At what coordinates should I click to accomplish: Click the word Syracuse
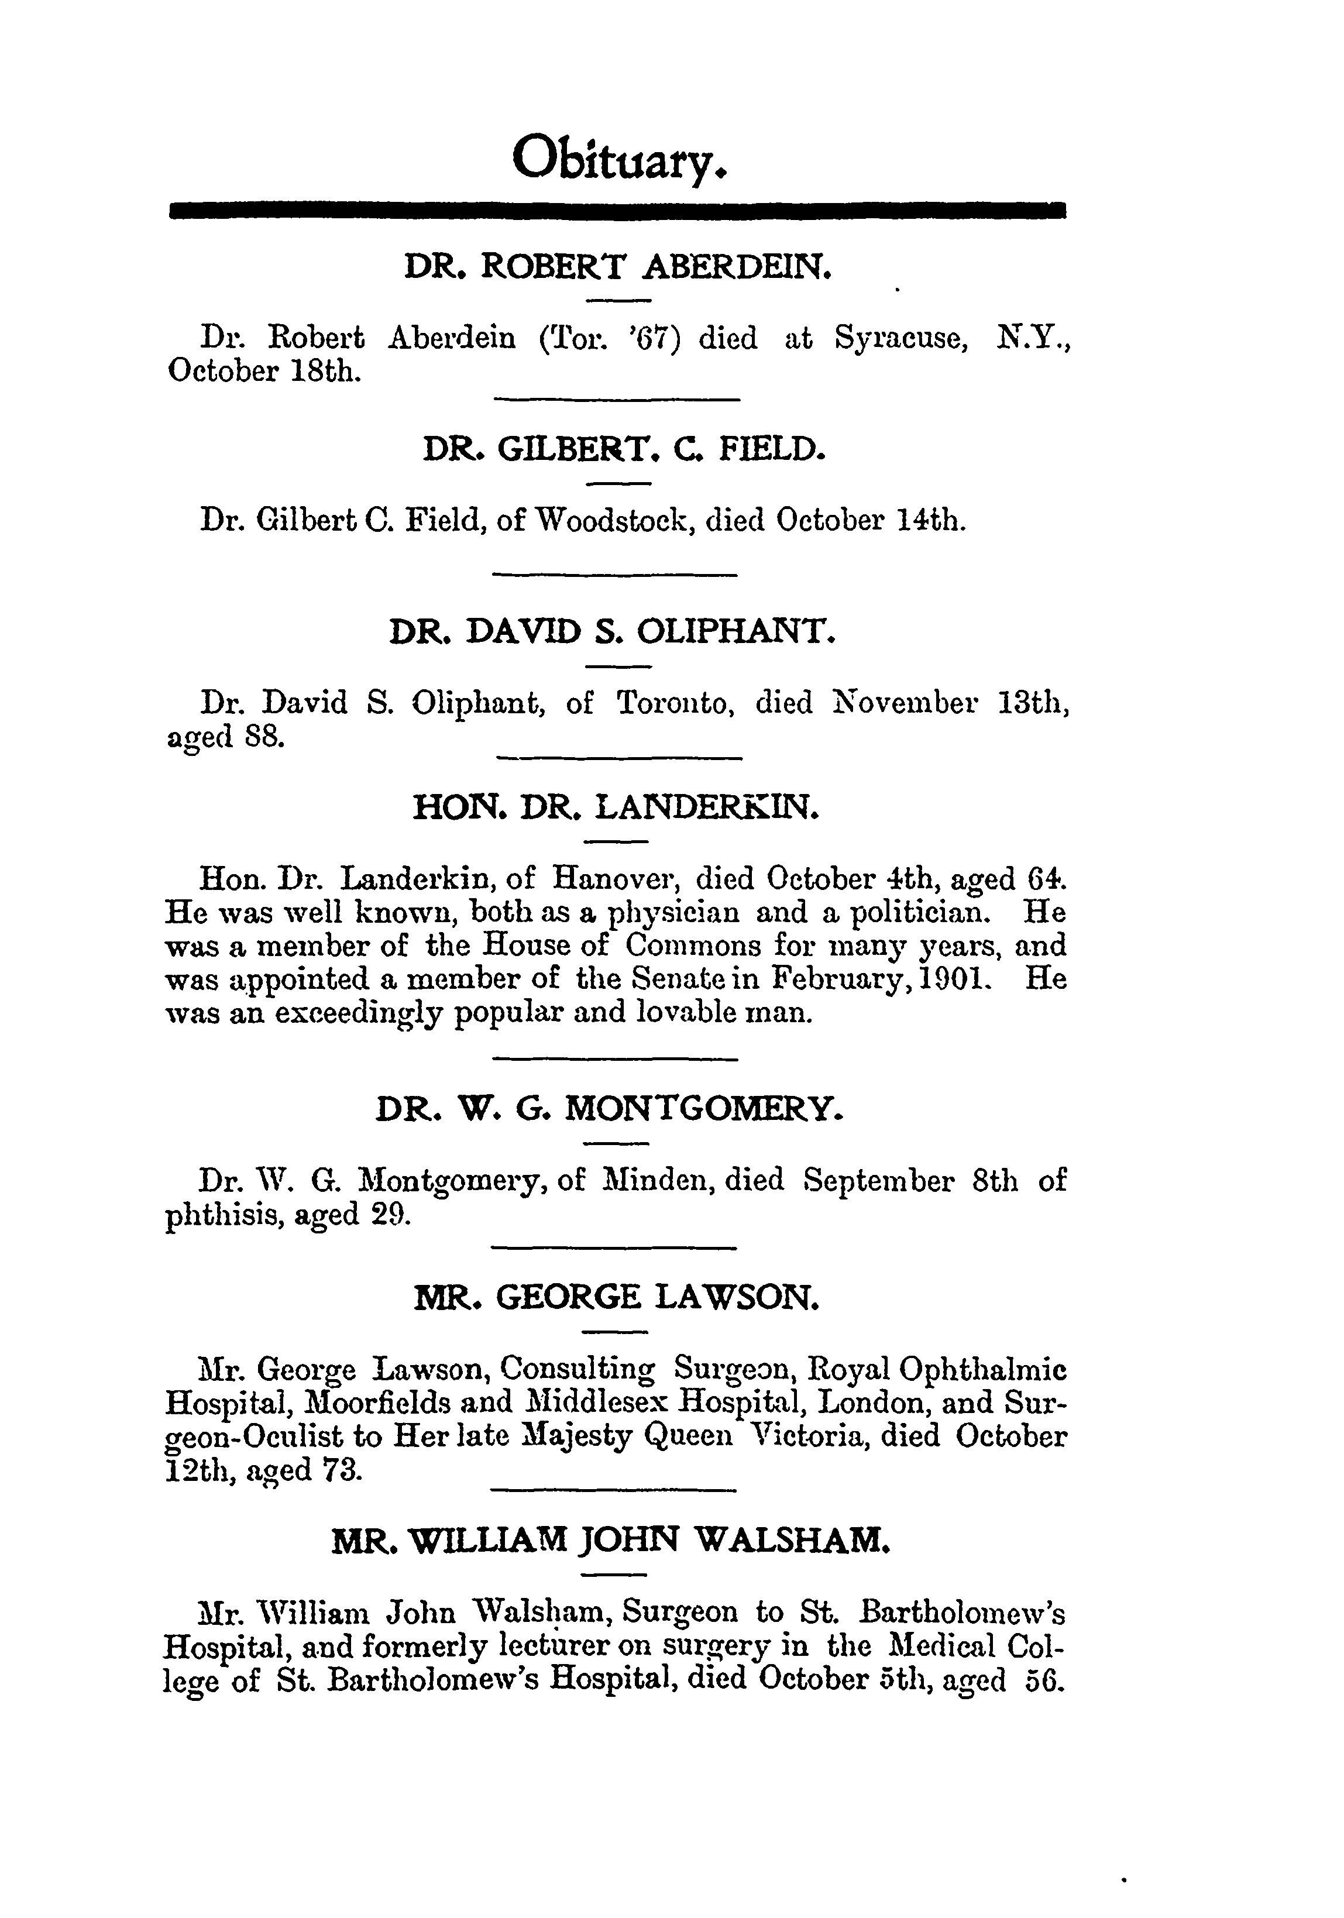point(901,338)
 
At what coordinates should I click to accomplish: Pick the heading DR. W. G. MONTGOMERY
point(610,1109)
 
